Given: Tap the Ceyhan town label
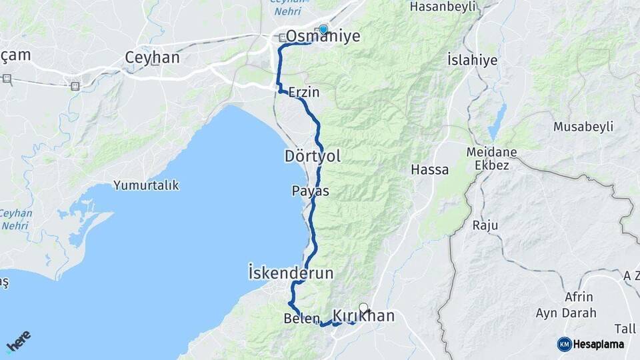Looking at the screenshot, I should point(152,58).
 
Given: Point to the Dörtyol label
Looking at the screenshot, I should point(312,157).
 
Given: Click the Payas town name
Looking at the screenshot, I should point(310,191).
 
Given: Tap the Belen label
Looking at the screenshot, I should point(303,319).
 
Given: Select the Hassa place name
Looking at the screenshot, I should point(429,169).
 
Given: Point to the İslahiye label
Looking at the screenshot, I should point(472,60).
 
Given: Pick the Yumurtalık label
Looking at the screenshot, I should point(146,185).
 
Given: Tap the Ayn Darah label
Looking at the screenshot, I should point(564,313).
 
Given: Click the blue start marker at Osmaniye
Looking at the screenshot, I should point(323,29).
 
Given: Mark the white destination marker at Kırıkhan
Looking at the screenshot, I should point(363,308).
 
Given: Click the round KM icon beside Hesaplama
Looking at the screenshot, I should point(564,344).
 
